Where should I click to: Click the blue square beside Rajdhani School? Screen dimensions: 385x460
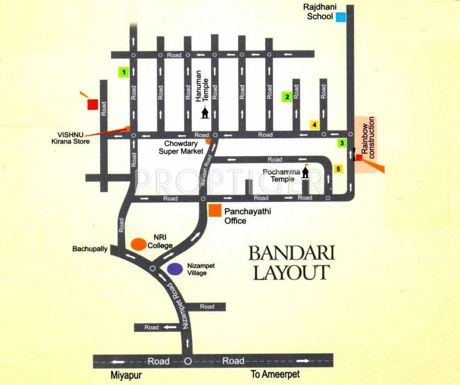(341, 17)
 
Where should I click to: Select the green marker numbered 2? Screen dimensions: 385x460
(287, 97)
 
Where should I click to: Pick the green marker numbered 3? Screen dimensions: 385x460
(341, 143)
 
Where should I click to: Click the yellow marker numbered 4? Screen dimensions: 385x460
(314, 125)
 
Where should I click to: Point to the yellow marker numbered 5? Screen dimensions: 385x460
(339, 168)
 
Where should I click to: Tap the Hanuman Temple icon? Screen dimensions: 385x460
(204, 112)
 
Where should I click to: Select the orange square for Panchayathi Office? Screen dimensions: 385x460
(215, 211)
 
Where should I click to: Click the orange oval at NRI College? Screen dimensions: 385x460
(139, 244)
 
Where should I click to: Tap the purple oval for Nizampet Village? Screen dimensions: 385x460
(174, 269)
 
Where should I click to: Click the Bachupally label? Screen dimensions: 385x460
(90, 249)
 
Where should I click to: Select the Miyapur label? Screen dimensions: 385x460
(124, 375)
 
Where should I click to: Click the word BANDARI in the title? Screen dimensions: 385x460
(291, 253)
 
